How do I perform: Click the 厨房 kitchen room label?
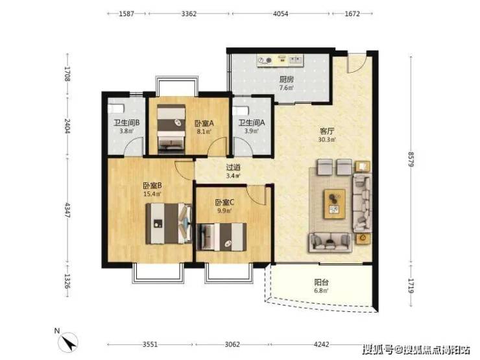[286, 80]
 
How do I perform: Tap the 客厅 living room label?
[327, 131]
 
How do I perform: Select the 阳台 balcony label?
[321, 282]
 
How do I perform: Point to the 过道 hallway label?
[233, 167]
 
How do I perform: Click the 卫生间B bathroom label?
[126, 123]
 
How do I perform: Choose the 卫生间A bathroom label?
[252, 123]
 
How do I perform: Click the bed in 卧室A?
[171, 129]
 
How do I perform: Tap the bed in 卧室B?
[169, 224]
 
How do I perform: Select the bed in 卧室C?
[222, 237]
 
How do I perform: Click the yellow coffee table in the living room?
[335, 204]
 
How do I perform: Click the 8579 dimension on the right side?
[411, 159]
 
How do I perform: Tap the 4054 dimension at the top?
[280, 14]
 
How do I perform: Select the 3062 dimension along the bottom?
[232, 344]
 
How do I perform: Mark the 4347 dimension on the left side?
[67, 210]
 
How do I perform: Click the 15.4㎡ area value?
[152, 194]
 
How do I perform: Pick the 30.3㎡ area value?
[327, 139]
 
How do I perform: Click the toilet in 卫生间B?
[116, 108]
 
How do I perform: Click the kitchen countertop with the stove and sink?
[280, 60]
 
